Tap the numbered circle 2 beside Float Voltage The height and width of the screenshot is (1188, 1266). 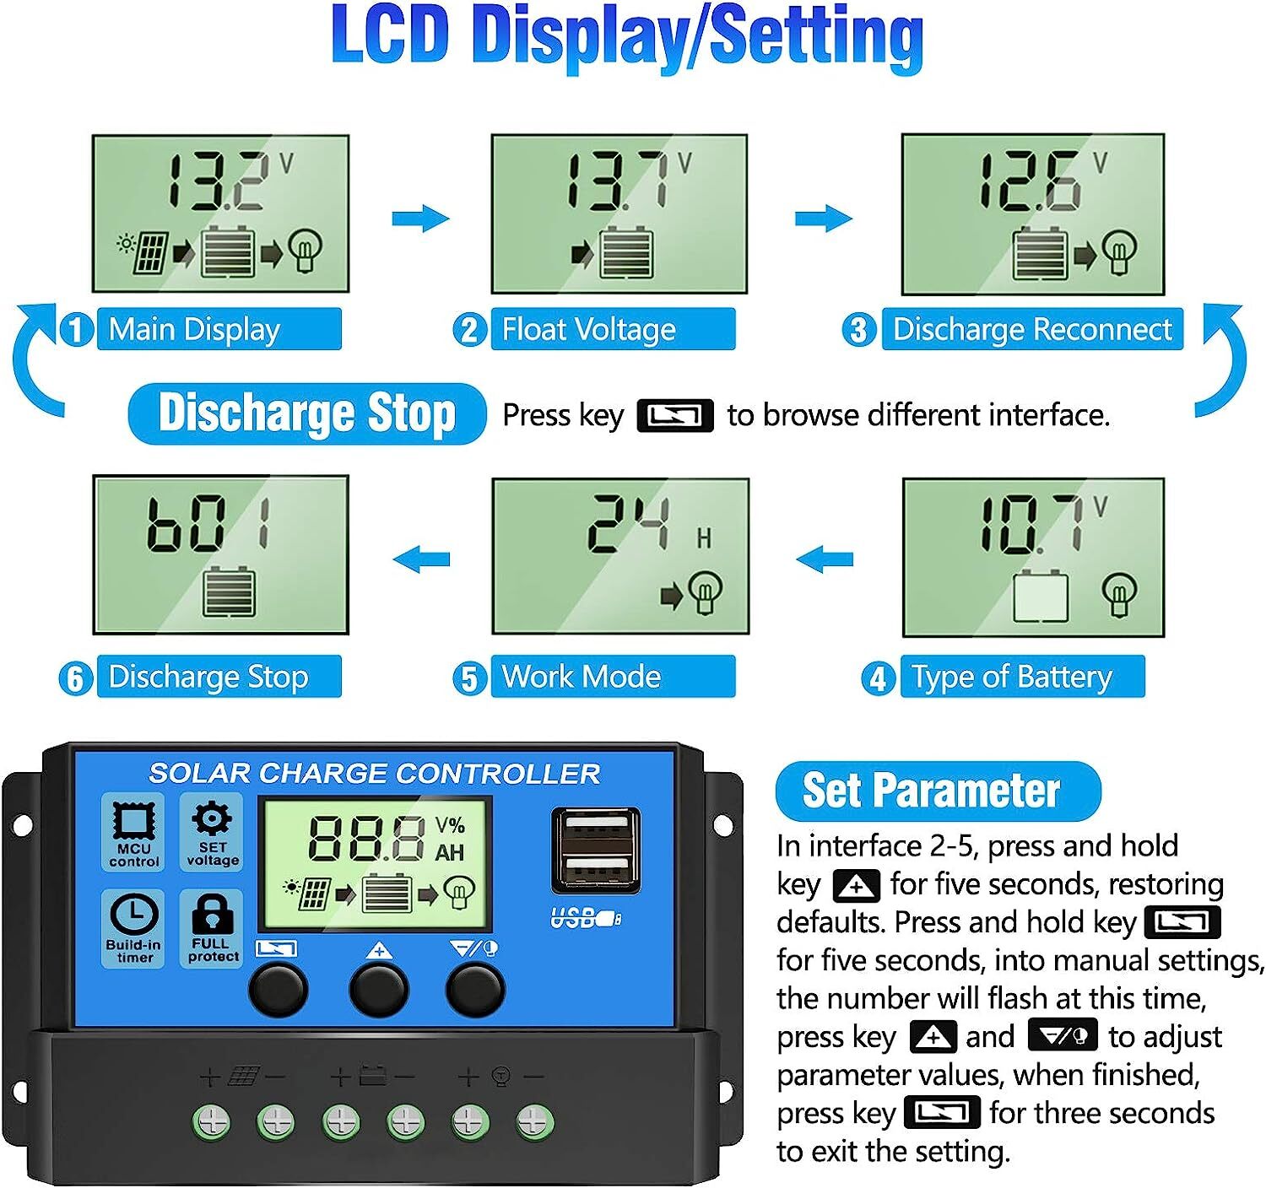(470, 329)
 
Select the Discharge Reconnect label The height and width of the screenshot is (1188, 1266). (1031, 329)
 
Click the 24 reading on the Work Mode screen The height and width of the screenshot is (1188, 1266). (630, 524)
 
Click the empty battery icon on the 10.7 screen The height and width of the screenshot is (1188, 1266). (1040, 597)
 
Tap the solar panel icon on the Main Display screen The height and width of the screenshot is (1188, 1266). (146, 251)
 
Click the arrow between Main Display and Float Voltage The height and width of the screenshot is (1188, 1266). (420, 219)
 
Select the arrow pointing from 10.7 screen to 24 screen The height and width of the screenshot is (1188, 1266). (825, 559)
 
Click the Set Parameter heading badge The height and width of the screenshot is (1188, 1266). (938, 791)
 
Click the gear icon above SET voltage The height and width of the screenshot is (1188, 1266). (211, 818)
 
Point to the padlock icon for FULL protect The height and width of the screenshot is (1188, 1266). (211, 915)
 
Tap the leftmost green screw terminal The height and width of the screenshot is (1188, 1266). (211, 1123)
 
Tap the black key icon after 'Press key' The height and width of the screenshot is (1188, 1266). (675, 416)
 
